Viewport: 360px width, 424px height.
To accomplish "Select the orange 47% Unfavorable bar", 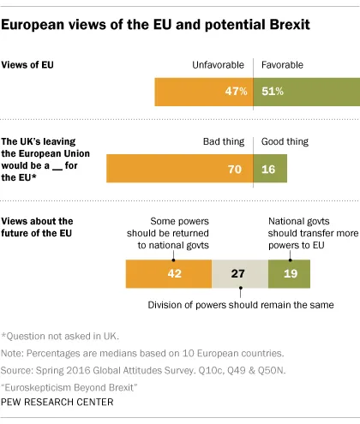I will [204, 91].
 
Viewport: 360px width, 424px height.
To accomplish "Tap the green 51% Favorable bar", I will [306, 91].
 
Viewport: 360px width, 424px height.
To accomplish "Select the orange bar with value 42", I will [168, 273].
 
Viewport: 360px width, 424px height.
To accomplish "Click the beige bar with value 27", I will [239, 273].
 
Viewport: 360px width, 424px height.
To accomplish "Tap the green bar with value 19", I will [289, 273].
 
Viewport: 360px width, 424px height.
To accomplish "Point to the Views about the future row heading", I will [39, 227].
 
